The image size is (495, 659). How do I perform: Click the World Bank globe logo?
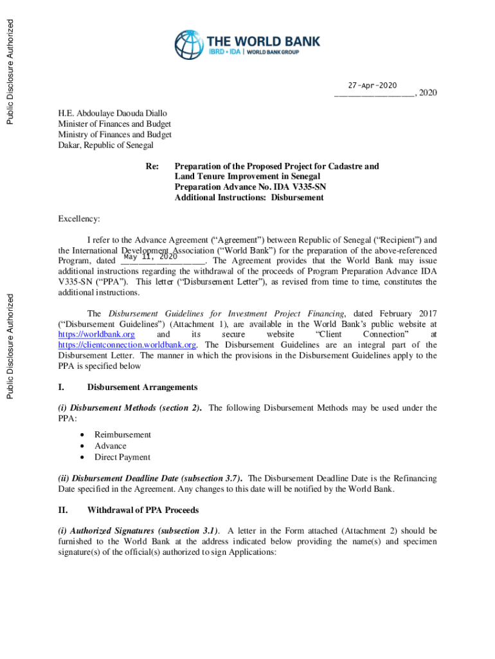click(188, 46)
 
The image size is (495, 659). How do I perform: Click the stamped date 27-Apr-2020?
click(372, 86)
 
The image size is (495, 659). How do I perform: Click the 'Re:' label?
click(152, 166)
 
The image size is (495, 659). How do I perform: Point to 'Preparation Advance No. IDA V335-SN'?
click(250, 187)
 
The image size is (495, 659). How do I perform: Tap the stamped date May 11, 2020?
click(150, 256)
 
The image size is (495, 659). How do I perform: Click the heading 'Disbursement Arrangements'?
click(142, 387)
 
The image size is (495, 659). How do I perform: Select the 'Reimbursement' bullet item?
click(123, 434)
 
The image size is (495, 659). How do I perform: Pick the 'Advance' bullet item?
click(111, 445)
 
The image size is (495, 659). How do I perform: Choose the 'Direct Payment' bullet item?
click(122, 457)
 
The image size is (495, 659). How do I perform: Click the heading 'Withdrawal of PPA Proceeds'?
click(143, 510)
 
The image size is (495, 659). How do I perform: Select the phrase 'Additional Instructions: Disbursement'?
click(249, 198)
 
